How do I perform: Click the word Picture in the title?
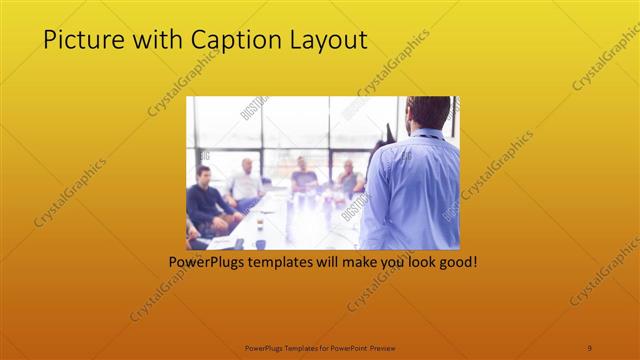click(x=80, y=40)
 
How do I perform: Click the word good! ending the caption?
click(x=455, y=263)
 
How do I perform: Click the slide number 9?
click(x=590, y=347)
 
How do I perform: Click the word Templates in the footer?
click(x=295, y=347)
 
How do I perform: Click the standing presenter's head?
click(x=427, y=112)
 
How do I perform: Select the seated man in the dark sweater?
click(x=205, y=200)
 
